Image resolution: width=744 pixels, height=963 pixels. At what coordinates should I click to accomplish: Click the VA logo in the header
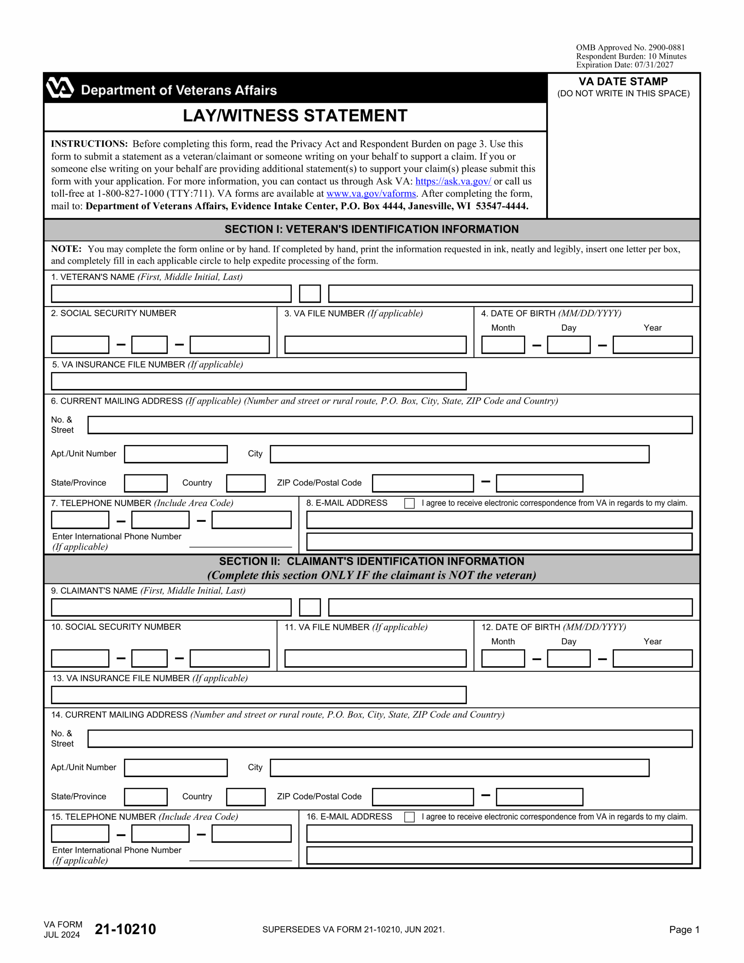tap(60, 88)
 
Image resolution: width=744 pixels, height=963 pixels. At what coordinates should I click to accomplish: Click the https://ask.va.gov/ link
tap(453, 181)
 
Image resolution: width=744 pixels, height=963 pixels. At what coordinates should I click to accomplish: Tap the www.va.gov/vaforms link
tap(371, 194)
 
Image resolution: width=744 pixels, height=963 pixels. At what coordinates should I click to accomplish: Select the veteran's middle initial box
tap(310, 294)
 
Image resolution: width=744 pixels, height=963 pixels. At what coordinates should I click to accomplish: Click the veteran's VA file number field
tap(375, 345)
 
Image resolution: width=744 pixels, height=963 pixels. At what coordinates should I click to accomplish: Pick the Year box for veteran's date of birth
tap(652, 345)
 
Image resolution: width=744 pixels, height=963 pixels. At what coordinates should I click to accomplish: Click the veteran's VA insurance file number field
tap(258, 381)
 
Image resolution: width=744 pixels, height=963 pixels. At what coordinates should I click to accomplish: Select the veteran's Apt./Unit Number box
tap(176, 454)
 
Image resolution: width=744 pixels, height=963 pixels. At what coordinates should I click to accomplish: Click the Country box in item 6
tap(246, 483)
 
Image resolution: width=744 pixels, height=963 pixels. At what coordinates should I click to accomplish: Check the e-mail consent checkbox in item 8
tap(409, 504)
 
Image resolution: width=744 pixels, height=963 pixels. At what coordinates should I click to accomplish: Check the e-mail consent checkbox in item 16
tap(409, 817)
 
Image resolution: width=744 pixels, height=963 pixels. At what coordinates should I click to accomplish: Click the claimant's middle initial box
tap(310, 607)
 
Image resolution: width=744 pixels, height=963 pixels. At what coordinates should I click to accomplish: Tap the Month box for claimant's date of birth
tap(503, 658)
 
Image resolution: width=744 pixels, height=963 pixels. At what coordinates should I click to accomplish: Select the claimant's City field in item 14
tap(459, 768)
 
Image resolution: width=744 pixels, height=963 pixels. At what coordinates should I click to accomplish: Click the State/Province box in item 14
tap(146, 797)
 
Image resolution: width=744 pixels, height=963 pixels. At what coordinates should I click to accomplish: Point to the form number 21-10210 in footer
tap(125, 929)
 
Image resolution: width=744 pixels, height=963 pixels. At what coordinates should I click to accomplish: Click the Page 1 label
tap(683, 930)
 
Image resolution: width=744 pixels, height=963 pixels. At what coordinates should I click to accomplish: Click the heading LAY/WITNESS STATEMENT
tap(295, 116)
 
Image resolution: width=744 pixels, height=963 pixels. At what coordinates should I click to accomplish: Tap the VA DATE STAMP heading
tap(623, 82)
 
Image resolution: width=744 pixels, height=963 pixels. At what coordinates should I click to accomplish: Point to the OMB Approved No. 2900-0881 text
tap(630, 48)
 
